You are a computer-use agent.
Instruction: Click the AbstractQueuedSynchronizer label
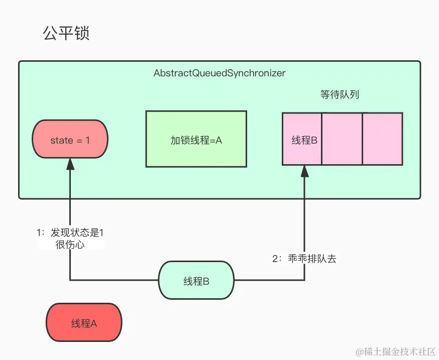click(x=219, y=73)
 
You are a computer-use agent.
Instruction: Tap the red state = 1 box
click(x=70, y=141)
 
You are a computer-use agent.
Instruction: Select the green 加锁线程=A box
click(x=196, y=139)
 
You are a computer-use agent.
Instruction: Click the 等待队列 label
click(x=340, y=94)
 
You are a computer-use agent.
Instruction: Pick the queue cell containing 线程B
click(x=302, y=139)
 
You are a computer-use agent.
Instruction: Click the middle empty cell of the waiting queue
click(x=342, y=139)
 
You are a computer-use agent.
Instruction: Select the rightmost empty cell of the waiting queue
click(x=382, y=139)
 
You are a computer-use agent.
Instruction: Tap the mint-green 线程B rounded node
click(x=196, y=281)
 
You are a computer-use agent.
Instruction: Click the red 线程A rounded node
click(x=84, y=323)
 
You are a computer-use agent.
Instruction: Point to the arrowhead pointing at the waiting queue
click(x=304, y=171)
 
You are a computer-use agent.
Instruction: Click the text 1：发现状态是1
click(x=70, y=233)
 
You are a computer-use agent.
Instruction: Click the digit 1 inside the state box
click(x=87, y=141)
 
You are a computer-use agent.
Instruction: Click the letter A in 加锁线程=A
click(x=218, y=141)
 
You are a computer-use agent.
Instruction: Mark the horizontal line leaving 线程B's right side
click(x=269, y=280)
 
